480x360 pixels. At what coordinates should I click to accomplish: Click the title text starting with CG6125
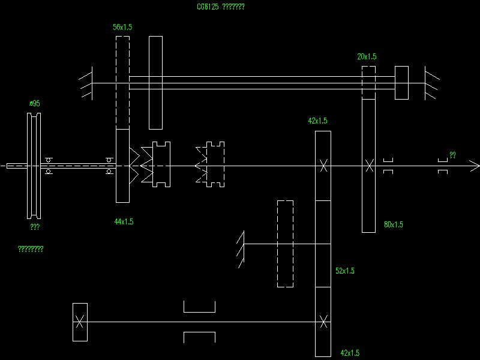click(x=220, y=7)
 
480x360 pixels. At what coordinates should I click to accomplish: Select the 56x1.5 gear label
click(x=122, y=28)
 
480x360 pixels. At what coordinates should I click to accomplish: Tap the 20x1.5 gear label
click(x=367, y=57)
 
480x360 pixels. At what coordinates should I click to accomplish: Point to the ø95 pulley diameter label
click(x=35, y=104)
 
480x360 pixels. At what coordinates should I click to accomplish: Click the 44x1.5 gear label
click(x=124, y=222)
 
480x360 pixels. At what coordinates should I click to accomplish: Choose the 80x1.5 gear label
click(x=393, y=225)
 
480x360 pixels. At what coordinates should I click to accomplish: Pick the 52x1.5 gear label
click(x=344, y=271)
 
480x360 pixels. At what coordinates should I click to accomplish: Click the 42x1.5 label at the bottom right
click(x=349, y=353)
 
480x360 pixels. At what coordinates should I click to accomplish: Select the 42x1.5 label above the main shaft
click(x=317, y=121)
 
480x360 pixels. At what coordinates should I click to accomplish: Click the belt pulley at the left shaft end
click(x=34, y=166)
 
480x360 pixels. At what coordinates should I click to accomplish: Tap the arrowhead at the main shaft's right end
click(x=475, y=166)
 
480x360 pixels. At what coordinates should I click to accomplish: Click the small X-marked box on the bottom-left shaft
click(x=80, y=322)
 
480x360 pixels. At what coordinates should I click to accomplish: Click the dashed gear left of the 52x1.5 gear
click(x=285, y=244)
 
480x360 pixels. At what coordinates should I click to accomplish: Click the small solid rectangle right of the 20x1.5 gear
click(x=401, y=83)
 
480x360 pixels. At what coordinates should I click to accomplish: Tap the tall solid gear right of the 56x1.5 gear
click(x=155, y=82)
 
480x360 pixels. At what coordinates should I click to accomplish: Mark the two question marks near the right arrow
click(x=452, y=155)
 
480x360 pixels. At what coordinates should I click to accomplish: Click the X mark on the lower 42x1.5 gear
click(x=323, y=322)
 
